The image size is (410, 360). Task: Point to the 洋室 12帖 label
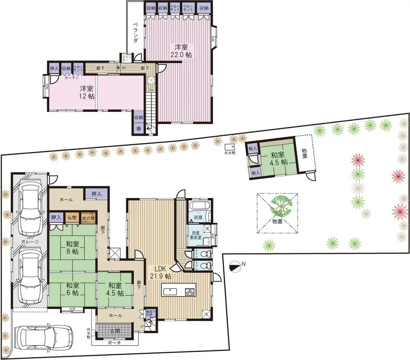click(87, 92)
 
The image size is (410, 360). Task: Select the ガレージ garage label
click(30, 242)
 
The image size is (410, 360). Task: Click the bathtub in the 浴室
click(197, 208)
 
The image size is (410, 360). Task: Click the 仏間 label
click(72, 218)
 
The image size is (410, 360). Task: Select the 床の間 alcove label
click(88, 218)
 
